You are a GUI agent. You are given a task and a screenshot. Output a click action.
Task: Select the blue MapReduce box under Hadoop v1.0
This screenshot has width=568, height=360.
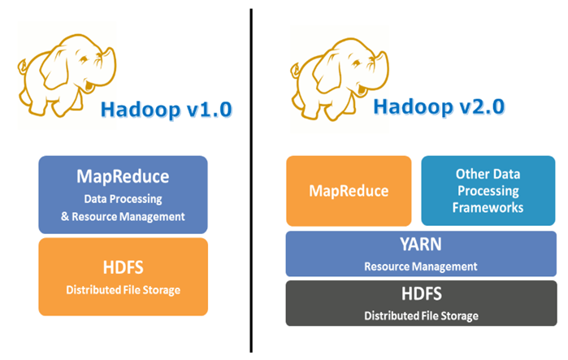point(123,194)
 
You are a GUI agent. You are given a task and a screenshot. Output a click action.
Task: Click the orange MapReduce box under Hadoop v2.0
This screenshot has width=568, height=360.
point(348,191)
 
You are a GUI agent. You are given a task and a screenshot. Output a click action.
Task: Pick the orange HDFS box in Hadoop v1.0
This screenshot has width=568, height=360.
point(123,276)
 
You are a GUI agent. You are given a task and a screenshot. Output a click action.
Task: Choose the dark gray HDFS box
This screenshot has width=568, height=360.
point(420,302)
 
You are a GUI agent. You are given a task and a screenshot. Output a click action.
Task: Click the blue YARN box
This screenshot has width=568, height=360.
point(420,254)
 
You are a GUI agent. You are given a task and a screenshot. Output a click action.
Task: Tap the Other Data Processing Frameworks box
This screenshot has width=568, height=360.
point(488,191)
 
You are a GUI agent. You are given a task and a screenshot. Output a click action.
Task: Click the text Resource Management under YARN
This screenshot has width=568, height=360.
point(420,266)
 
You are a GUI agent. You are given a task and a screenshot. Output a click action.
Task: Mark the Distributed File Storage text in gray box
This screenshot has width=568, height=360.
point(420,315)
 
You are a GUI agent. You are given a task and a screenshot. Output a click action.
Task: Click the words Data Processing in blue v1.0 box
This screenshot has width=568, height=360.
point(123,199)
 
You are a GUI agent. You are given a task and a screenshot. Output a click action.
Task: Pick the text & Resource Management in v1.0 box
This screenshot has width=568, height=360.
point(123,216)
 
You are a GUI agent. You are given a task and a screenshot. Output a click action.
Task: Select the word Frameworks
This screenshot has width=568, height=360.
point(488,208)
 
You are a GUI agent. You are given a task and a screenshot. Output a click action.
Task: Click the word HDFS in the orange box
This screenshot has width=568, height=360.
point(123,269)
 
